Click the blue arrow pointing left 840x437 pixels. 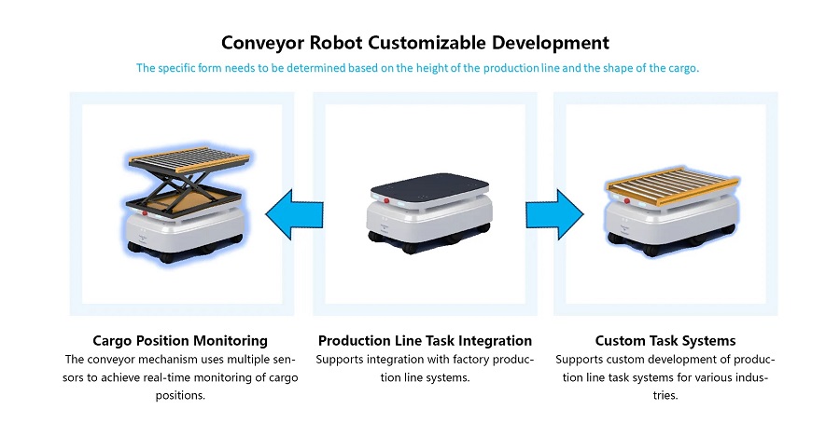coord(294,214)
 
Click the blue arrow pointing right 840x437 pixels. coord(554,214)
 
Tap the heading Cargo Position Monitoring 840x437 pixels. coord(180,341)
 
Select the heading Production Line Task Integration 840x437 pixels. coord(425,341)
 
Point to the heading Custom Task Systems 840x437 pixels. coord(665,341)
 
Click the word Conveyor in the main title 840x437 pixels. coord(262,43)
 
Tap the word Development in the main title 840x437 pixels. coord(551,43)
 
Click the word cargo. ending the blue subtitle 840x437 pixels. coord(683,68)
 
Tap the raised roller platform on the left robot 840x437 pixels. coord(188,158)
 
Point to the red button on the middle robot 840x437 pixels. coord(386,200)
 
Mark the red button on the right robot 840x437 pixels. coord(627,200)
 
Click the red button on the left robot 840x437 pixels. coord(145,213)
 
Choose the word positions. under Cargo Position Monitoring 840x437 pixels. coord(180,396)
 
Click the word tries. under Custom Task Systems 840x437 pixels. coord(665,396)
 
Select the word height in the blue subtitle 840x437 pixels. coord(432,68)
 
